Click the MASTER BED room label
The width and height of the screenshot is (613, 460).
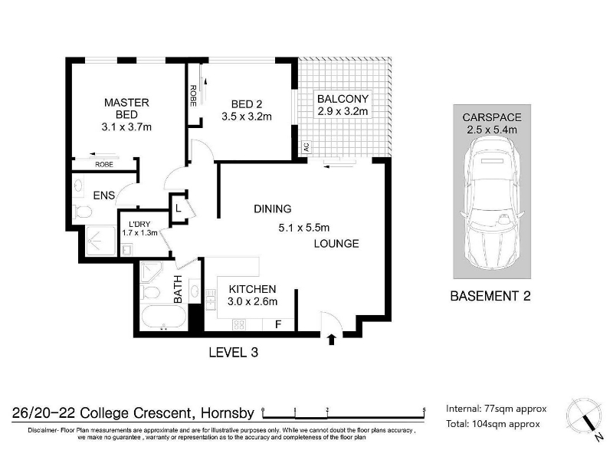[126, 108]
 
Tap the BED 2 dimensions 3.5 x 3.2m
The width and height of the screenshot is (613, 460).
[247, 117]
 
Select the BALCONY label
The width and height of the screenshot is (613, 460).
[343, 99]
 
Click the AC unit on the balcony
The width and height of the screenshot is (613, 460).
[306, 147]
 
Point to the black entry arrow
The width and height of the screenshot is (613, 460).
[332, 340]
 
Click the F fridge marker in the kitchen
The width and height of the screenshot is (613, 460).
[278, 324]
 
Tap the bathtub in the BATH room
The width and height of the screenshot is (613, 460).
[164, 317]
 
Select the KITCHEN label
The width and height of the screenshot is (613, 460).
[252, 289]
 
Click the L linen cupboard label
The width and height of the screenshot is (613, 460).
[179, 209]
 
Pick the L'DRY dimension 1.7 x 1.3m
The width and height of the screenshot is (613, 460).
[139, 233]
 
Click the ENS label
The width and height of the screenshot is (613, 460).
[104, 195]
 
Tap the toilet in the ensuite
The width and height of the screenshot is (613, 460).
[83, 212]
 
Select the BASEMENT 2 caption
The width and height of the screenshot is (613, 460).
[490, 296]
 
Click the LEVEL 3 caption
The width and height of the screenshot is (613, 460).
[234, 353]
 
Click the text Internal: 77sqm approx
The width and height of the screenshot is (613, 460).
[496, 409]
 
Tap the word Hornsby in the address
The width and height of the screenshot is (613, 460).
[228, 413]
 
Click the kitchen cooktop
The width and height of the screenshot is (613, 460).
[239, 324]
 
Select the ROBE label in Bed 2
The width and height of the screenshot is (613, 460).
[193, 95]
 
